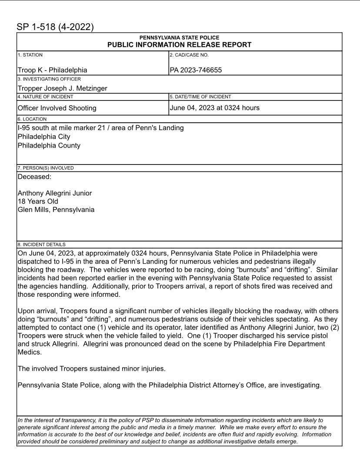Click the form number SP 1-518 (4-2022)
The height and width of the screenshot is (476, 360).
pos(55,27)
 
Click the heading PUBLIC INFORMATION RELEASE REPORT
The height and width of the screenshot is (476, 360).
pos(179,45)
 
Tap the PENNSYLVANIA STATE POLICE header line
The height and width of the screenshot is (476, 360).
pos(179,38)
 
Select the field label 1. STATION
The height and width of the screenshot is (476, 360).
pos(30,55)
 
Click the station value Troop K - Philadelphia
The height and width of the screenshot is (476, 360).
pos(52,70)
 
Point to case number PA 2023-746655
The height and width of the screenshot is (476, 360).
pos(196,70)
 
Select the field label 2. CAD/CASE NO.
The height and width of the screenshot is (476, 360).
pos(189,55)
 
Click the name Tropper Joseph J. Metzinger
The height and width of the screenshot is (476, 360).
pos(62,88)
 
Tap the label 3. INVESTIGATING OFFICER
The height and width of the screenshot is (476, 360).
pos(49,79)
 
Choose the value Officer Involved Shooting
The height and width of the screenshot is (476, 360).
pos(57,108)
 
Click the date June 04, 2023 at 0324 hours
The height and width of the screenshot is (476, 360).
pos(214,107)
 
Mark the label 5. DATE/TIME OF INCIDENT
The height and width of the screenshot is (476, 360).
pos(200,97)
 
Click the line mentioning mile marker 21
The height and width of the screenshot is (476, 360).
pos(100,128)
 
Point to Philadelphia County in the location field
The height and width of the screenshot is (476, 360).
pos(49,145)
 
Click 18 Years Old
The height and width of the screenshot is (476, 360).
pos(38,201)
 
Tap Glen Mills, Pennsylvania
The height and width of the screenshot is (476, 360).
pos(56,210)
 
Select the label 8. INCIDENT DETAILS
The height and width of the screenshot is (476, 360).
pos(41,245)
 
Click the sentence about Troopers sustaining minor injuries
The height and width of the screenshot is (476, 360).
pos(91,369)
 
